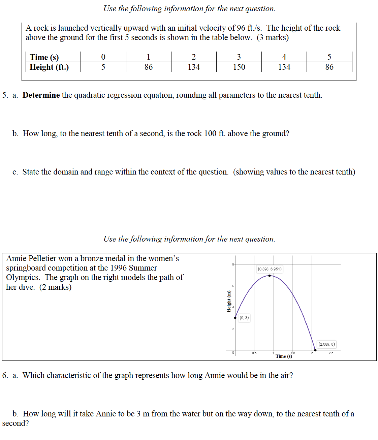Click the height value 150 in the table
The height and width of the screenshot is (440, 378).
point(239,67)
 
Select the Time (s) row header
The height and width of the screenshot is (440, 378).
point(44,57)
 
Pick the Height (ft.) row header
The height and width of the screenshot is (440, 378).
point(49,67)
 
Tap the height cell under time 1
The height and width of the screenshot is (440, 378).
point(149,67)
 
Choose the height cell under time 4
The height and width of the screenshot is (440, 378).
point(284,67)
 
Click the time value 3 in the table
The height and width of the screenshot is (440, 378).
point(239,57)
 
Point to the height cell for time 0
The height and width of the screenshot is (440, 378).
point(103,67)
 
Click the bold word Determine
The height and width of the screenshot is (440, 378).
point(41,95)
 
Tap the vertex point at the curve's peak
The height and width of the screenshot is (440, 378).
point(270,276)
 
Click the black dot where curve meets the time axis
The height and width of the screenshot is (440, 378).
point(315,350)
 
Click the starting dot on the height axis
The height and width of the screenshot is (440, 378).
point(235,318)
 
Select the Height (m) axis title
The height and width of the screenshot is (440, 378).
point(229,301)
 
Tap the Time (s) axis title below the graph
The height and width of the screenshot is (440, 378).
point(284,356)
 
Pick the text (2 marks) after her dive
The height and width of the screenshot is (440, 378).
point(55,287)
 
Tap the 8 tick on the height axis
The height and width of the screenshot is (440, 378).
point(232,264)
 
